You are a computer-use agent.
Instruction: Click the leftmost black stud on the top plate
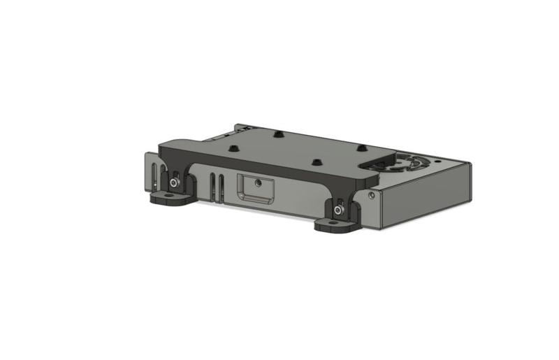pyautogui.click(x=233, y=148)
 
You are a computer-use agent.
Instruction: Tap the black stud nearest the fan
pyautogui.click(x=361, y=148)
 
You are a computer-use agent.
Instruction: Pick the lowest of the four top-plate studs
pyautogui.click(x=317, y=161)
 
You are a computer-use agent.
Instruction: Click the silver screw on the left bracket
pyautogui.click(x=173, y=183)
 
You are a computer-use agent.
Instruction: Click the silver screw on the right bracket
pyautogui.click(x=339, y=210)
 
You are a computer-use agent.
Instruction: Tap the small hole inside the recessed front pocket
pyautogui.click(x=259, y=182)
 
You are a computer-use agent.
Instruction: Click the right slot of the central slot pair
pyautogui.click(x=222, y=188)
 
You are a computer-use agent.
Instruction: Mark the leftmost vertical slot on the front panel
pyautogui.click(x=154, y=175)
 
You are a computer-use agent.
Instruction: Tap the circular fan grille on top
pyautogui.click(x=405, y=162)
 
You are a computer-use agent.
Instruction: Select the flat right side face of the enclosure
pyautogui.click(x=426, y=198)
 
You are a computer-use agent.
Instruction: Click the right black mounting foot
pyautogui.click(x=335, y=225)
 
